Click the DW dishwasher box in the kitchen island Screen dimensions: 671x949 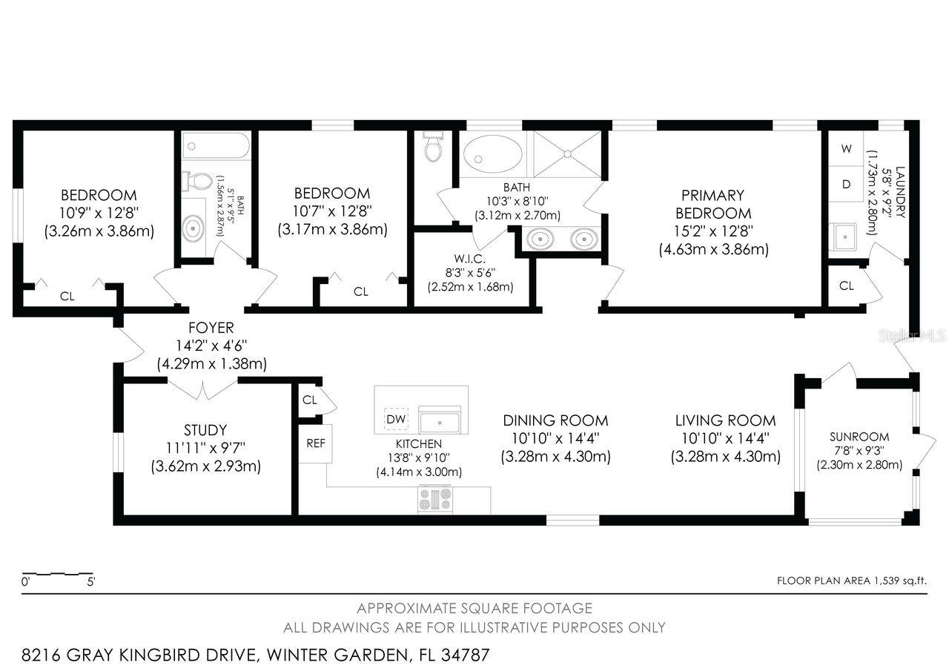point(397,420)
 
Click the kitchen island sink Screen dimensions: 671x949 point(440,420)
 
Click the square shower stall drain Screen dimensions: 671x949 point(568,153)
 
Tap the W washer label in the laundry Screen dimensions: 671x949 point(846,148)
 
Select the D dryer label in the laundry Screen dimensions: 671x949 point(846,185)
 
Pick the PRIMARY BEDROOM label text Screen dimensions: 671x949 point(713,204)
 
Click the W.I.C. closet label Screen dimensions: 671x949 point(470,259)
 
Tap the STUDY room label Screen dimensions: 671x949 point(205,430)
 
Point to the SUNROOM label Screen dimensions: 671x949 point(859,437)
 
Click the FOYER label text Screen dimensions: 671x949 point(211,327)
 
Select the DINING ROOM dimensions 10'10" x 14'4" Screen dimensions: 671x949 point(555,438)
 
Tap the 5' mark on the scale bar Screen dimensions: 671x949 point(91,583)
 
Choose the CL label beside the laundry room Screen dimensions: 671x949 point(846,285)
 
